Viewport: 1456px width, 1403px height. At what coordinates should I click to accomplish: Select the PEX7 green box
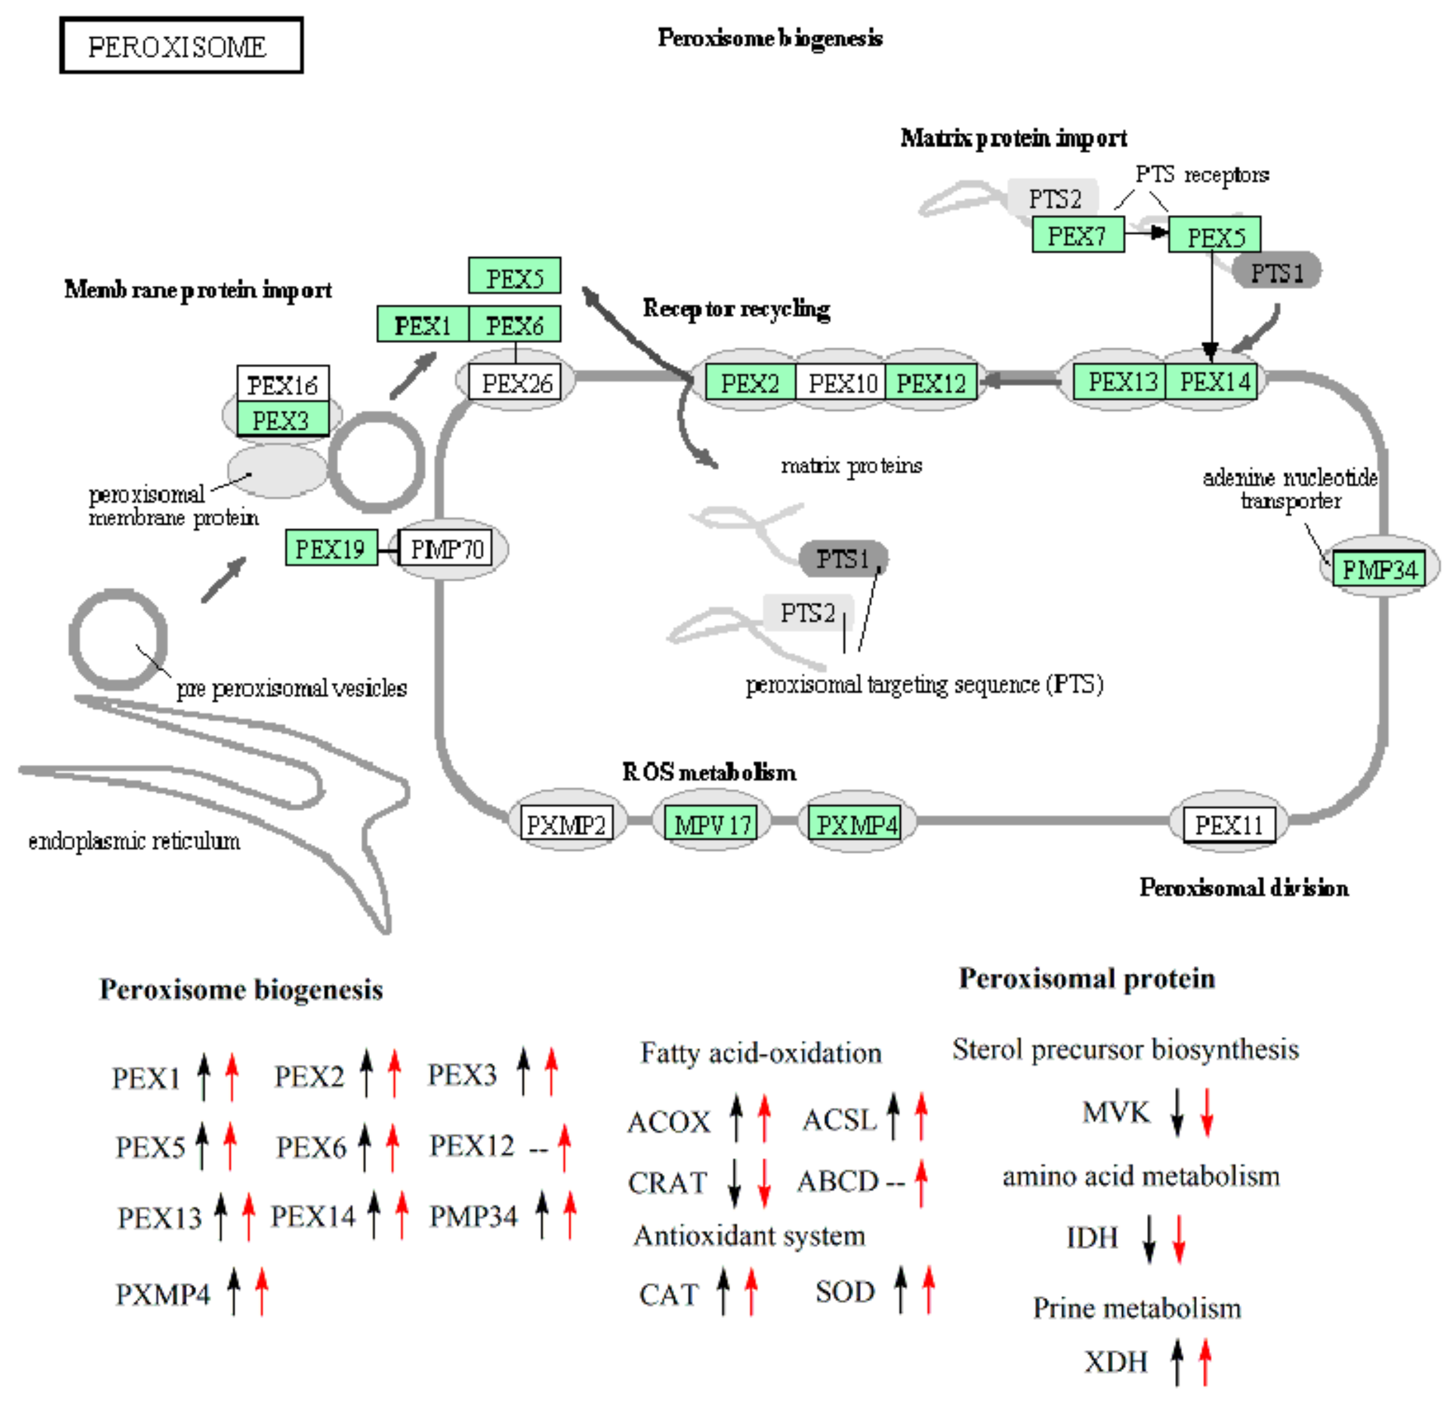1077,235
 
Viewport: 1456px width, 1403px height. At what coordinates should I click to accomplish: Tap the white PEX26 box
516,383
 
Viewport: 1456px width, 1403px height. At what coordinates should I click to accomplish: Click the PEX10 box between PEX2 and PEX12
841,383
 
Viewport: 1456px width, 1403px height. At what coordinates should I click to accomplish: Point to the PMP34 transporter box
1378,569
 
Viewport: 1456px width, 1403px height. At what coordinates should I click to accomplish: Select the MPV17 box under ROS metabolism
712,824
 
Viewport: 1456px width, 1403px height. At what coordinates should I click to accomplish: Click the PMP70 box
446,548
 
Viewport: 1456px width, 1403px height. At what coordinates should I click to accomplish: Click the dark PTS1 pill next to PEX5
1276,272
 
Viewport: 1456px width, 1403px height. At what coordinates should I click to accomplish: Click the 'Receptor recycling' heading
736,307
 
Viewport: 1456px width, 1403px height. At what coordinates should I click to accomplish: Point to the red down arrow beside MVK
1206,1112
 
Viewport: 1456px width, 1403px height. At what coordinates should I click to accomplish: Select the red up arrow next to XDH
1204,1361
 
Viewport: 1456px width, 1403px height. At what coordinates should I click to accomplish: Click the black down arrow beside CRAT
734,1183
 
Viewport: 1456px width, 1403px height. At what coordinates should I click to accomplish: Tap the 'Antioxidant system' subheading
749,1235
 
